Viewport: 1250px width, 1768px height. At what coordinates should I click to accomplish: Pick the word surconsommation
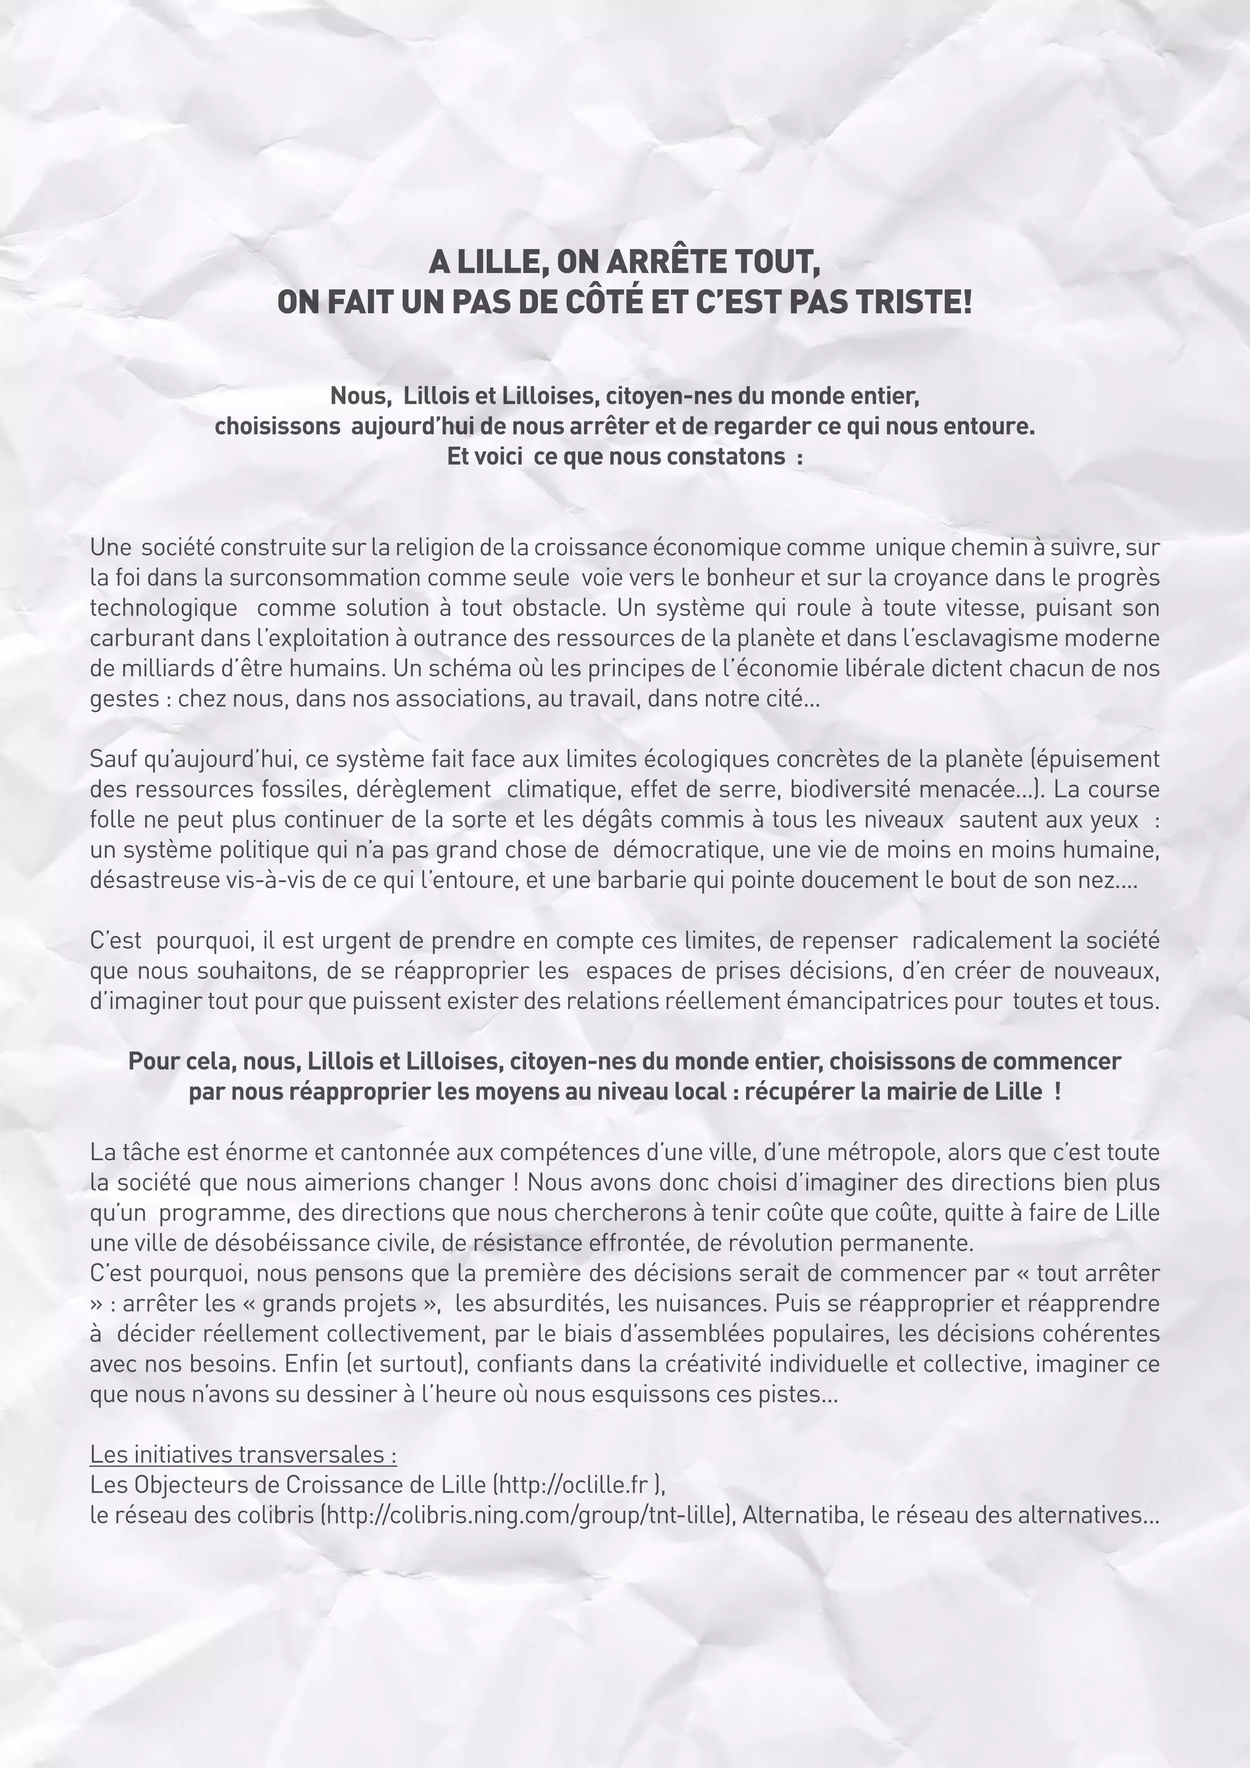click(x=318, y=578)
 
